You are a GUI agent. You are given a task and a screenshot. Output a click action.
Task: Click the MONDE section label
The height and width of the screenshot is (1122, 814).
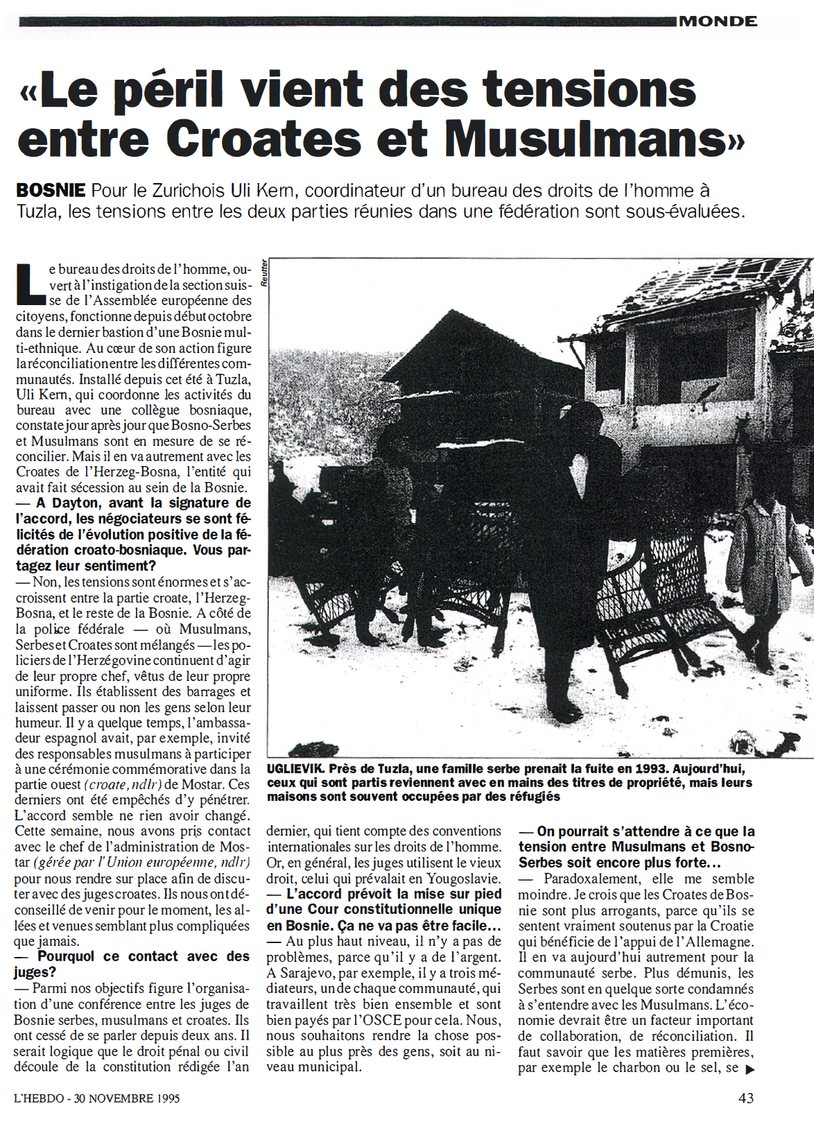718,21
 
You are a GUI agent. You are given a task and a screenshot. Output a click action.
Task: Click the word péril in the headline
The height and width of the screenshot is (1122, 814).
169,91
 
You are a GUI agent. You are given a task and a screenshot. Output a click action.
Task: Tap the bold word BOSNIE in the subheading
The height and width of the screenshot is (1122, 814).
51,191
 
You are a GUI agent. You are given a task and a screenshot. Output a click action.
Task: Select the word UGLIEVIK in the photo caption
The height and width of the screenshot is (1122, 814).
295,769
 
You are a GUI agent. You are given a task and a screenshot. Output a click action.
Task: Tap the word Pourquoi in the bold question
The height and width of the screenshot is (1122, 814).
67,957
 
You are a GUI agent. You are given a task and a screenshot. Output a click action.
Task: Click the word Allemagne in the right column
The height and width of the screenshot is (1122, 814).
719,942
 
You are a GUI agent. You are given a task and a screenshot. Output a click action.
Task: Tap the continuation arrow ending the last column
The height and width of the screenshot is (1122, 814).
750,1069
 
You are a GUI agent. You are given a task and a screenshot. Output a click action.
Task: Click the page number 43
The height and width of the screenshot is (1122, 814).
746,1098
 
